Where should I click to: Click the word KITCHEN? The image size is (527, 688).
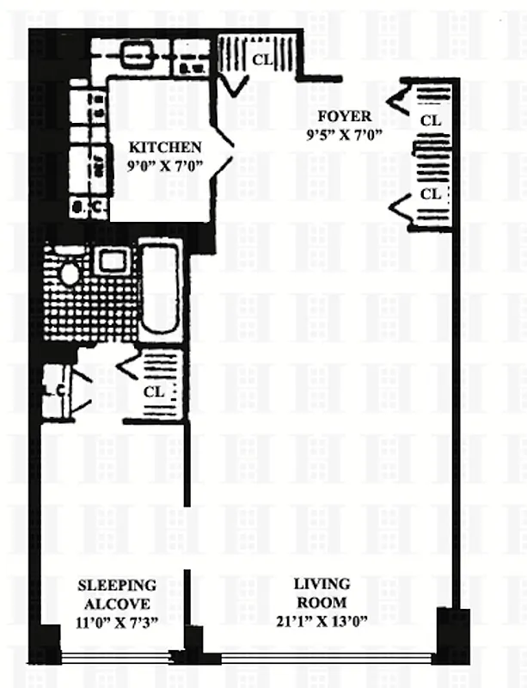(x=165, y=147)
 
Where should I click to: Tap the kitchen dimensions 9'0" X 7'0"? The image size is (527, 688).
(x=165, y=166)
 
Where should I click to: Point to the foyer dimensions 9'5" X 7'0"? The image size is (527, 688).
(x=342, y=134)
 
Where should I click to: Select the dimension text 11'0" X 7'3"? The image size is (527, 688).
(x=117, y=623)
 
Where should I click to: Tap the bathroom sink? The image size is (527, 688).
(x=110, y=260)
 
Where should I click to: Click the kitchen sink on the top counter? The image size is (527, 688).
(x=135, y=57)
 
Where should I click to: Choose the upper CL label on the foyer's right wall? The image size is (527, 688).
(x=431, y=120)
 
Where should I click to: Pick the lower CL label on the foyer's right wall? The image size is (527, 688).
(x=431, y=194)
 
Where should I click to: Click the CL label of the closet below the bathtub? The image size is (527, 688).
(x=154, y=391)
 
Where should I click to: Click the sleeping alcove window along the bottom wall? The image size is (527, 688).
(x=117, y=658)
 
